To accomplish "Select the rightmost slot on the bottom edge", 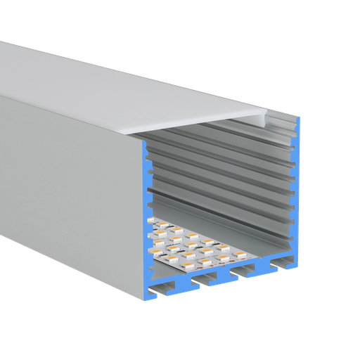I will tap(285, 265).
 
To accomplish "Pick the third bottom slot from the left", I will tap(246, 273).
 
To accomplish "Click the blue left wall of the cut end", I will tap(146, 211).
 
